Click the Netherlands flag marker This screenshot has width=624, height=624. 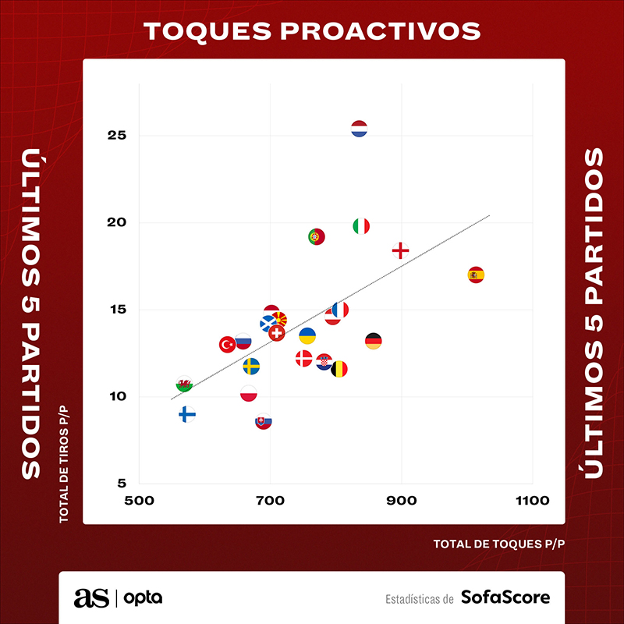point(359,129)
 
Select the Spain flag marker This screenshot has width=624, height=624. point(476,275)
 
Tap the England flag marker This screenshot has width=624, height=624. point(400,250)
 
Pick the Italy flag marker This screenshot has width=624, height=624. point(360,226)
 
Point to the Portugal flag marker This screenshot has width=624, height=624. point(316,236)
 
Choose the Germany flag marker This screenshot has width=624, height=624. point(373,341)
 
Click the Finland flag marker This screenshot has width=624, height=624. point(187,414)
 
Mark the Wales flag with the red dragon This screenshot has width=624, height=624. point(184,385)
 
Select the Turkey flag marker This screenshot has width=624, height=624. point(227,344)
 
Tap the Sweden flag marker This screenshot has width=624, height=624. point(251,366)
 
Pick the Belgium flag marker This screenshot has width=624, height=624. point(339,369)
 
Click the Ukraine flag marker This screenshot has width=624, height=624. point(307,336)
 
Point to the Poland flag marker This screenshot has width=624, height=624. point(249,394)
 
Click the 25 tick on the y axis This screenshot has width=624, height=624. point(117,136)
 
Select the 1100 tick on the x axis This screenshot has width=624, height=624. point(532,501)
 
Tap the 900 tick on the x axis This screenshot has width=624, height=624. point(401,501)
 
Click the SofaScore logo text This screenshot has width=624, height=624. point(505,597)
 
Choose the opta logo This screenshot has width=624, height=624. point(144,598)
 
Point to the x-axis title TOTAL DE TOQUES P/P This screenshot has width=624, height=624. point(498,544)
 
